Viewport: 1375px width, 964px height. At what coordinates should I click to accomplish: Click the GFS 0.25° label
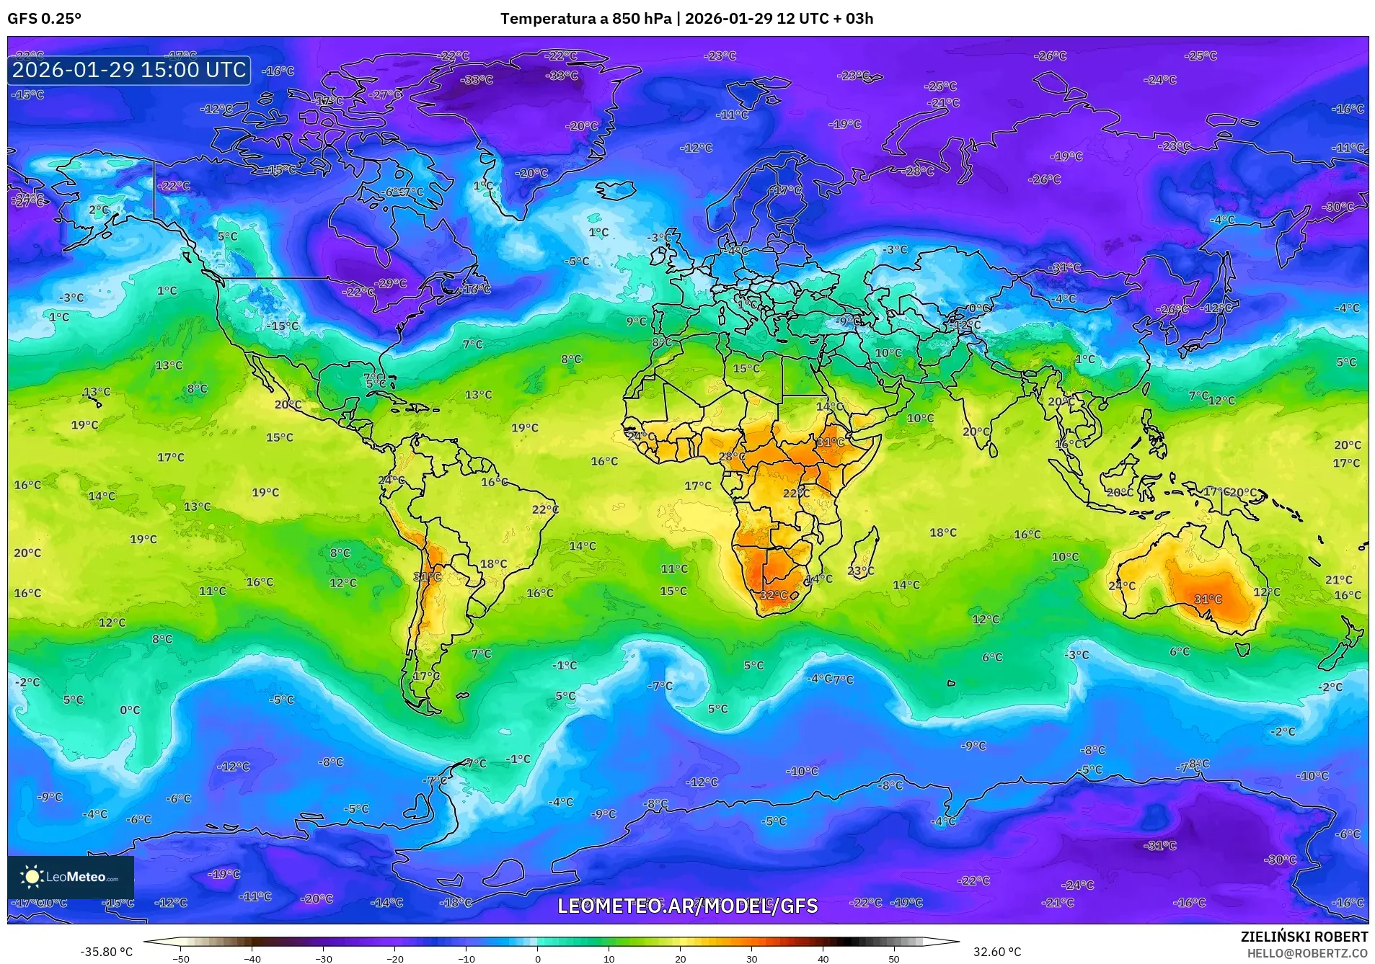coord(44,19)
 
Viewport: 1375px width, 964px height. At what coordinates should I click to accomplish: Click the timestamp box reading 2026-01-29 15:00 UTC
coord(129,70)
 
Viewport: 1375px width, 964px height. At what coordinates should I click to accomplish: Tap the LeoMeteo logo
coord(71,877)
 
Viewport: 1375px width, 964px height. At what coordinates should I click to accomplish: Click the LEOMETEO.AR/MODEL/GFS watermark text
coord(687,906)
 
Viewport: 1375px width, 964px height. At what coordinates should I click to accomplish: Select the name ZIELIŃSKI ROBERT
coord(1304,937)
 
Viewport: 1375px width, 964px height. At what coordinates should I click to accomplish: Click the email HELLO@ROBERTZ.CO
coord(1307,952)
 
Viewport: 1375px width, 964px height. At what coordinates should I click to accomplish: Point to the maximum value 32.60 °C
coord(997,952)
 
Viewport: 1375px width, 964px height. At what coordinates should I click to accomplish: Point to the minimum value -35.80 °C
coord(106,952)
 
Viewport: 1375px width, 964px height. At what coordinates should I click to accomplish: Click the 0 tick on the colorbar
coord(537,959)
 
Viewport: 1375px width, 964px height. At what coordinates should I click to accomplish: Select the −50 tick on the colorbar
coord(181,959)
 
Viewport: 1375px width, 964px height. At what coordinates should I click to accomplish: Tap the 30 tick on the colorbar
coord(751,959)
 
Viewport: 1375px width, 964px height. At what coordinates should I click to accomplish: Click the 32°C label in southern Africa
coord(774,595)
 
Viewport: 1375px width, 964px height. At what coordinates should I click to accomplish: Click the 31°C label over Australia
coord(1208,599)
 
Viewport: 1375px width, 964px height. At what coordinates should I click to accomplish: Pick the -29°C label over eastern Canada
coord(392,283)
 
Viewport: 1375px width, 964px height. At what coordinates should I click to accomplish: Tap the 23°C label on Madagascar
coord(860,571)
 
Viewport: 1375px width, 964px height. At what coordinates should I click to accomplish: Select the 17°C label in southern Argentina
coord(426,676)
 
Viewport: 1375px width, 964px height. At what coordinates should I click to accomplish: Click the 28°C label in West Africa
coord(732,457)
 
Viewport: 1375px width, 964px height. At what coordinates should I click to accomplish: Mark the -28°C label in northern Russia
coord(919,171)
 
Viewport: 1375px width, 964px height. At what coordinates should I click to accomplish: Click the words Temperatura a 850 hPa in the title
coord(585,19)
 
